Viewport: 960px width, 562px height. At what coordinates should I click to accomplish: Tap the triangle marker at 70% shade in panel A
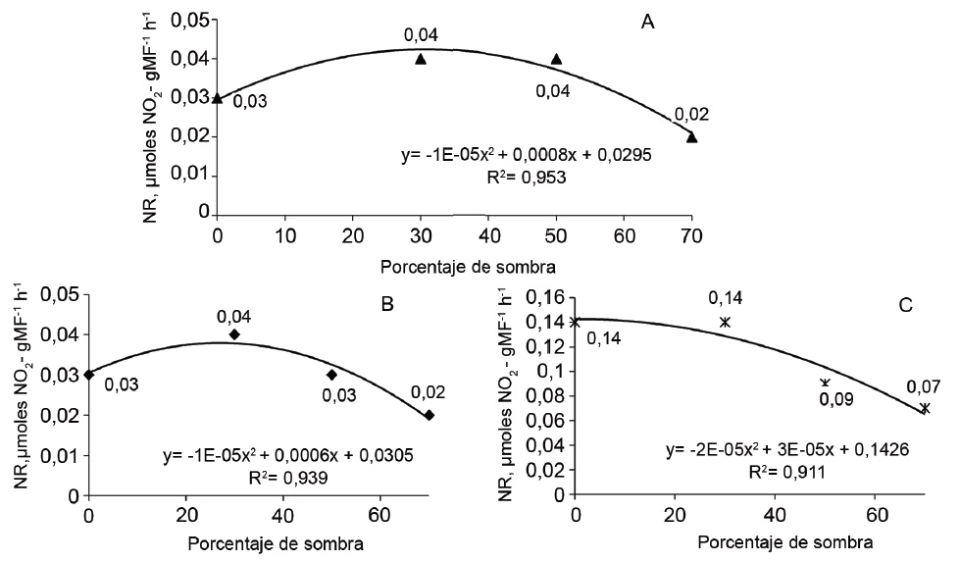point(692,137)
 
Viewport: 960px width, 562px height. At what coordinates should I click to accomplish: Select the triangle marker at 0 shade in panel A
point(217,98)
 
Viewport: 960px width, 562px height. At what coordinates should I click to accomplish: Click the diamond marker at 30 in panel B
point(234,334)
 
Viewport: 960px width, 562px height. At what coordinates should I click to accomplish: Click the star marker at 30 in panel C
point(725,322)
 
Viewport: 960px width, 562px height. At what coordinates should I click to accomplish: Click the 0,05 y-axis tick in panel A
point(192,21)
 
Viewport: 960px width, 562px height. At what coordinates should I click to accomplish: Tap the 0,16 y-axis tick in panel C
point(548,296)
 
